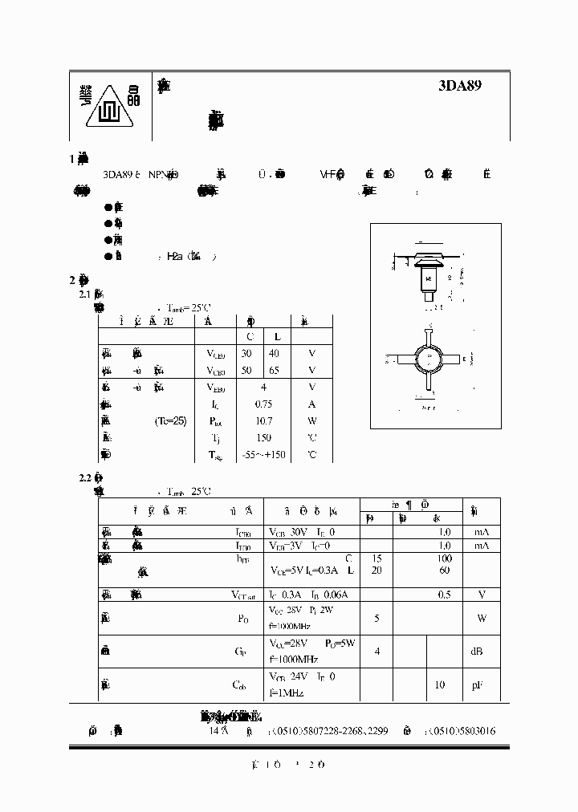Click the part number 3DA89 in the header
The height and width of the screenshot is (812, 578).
coord(460,85)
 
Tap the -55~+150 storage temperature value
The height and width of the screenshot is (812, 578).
coord(263,454)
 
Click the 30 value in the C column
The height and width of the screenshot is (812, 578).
coord(247,353)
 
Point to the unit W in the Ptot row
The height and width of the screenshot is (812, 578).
coord(312,420)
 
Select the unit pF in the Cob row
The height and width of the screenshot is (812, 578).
coord(477,684)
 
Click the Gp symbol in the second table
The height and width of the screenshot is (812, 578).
coord(240,652)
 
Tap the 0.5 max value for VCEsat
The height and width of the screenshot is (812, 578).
coord(443,595)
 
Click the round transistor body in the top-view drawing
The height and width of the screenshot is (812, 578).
coord(431,359)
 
